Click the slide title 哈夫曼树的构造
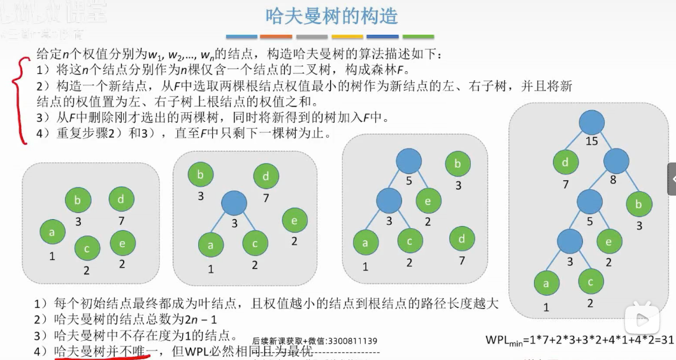click(331, 16)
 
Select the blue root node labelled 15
click(591, 124)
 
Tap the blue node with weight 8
click(616, 162)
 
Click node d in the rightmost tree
click(565, 162)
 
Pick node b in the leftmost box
click(78, 201)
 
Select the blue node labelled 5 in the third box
click(408, 161)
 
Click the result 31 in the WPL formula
click(666, 340)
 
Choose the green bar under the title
click(418, 37)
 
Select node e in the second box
click(294, 220)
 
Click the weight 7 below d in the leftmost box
click(120, 221)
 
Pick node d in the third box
click(461, 240)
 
